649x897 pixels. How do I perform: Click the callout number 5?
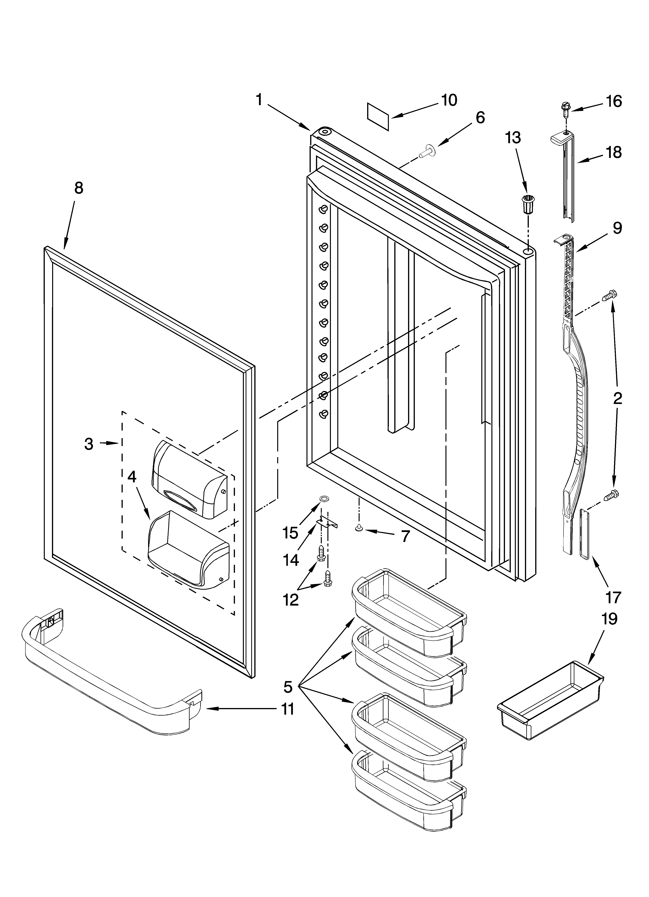(288, 687)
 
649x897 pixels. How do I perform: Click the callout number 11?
(287, 709)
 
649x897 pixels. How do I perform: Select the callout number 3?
(89, 444)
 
